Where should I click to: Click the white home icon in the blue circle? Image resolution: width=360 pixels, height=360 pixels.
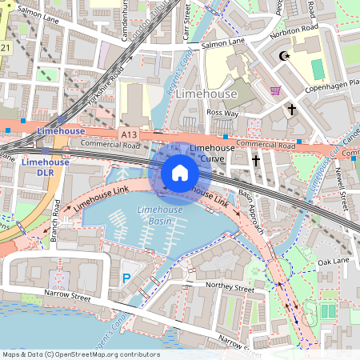pyautogui.click(x=180, y=172)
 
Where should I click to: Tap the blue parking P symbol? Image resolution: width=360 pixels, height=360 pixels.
pyautogui.click(x=126, y=278)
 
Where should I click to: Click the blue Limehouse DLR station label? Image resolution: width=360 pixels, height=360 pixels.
pyautogui.click(x=46, y=166)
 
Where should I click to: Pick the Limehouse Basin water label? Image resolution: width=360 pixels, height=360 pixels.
pyautogui.click(x=159, y=214)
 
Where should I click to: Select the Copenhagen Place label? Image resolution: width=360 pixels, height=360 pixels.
pyautogui.click(x=330, y=83)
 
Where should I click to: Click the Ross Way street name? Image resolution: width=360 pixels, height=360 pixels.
pyautogui.click(x=222, y=114)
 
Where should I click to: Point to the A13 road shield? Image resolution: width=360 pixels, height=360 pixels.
pyautogui.click(x=129, y=130)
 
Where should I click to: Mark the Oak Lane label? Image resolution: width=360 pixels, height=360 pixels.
pyautogui.click(x=334, y=262)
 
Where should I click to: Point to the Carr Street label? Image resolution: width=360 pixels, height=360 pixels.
pyautogui.click(x=186, y=14)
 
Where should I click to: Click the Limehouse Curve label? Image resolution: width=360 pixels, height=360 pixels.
pyautogui.click(x=211, y=153)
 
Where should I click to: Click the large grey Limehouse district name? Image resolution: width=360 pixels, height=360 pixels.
pyautogui.click(x=206, y=94)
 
